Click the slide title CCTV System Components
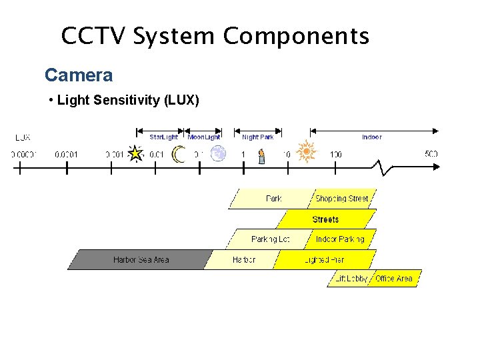215,35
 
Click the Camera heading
79,75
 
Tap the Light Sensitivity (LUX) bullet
124,101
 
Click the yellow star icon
136,154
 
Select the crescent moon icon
178,155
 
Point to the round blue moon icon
218,154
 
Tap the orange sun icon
306,151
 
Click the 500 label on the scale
431,154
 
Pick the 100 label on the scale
335,155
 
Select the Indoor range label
371,137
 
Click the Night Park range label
257,137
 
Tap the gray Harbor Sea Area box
141,259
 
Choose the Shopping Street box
341,199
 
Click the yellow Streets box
326,219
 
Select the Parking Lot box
269,239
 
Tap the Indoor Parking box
340,239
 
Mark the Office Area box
395,279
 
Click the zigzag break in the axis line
385,167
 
